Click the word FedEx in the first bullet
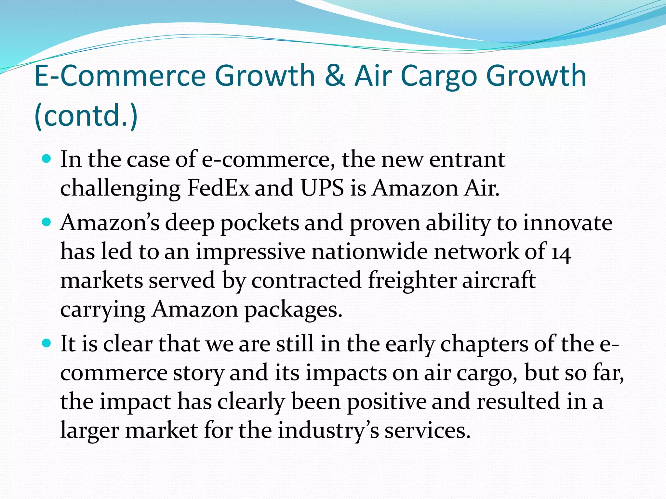point(219,188)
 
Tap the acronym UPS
point(322,188)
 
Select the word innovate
point(567,223)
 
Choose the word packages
point(293,310)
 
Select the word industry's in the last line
point(328,430)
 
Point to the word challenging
point(120,189)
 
